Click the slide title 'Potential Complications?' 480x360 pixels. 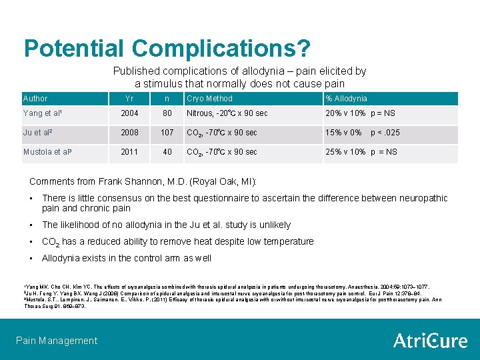point(167,48)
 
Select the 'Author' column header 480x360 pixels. point(35,99)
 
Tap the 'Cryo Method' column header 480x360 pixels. point(209,99)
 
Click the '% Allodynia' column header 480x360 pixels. point(346,99)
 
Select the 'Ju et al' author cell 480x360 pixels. point(38,133)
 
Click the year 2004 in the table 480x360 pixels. point(129,113)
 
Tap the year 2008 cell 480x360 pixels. point(129,133)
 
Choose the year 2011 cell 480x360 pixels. point(129,152)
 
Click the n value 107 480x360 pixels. point(167,133)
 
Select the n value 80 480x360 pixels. point(167,113)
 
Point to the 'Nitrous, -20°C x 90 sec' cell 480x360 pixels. point(227,113)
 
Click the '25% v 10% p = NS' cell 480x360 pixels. point(361,152)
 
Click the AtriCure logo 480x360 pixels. point(430,341)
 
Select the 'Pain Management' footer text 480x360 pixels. point(56,341)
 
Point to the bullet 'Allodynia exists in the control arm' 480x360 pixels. point(126,258)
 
